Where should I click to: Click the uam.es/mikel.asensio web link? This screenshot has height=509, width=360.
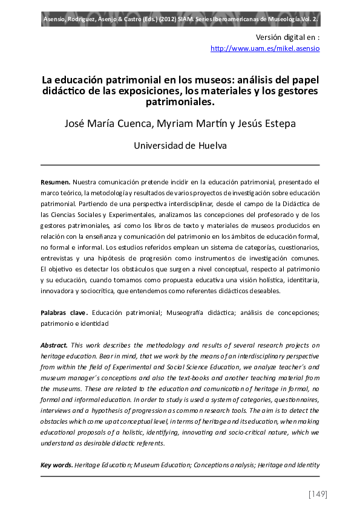point(265,48)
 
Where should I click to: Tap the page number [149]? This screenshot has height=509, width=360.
point(318,494)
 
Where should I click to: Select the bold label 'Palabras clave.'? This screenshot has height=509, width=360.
point(64,313)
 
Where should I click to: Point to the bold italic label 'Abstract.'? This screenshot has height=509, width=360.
point(54,345)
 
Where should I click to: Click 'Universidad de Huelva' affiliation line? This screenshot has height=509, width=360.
point(180,146)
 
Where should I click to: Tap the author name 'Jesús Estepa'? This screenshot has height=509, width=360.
point(274,125)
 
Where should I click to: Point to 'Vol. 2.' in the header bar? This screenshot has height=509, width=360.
point(307,19)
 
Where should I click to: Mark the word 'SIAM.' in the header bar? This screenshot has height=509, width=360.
point(199,19)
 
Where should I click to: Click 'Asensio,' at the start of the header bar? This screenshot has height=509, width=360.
point(58,19)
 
